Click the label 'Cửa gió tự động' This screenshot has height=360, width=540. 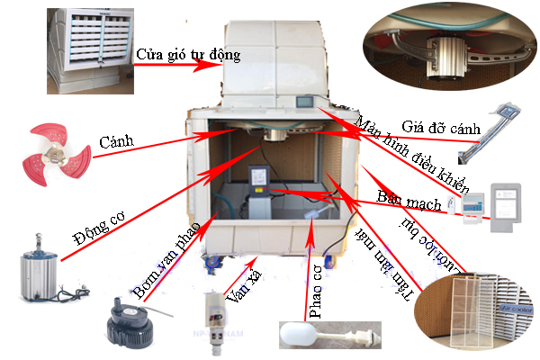point(188,55)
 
